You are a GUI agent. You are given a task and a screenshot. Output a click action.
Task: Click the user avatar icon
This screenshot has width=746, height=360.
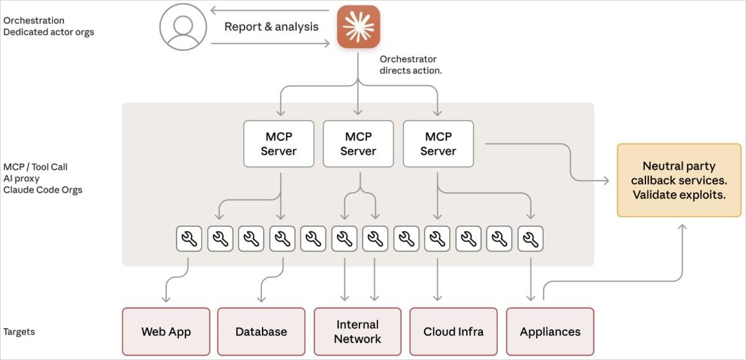(182, 27)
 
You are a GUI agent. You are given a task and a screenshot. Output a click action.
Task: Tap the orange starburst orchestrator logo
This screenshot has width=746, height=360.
(358, 27)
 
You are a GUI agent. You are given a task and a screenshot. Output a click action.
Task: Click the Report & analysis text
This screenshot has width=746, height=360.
(271, 27)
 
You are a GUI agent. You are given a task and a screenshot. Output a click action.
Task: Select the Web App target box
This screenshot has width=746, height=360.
(166, 331)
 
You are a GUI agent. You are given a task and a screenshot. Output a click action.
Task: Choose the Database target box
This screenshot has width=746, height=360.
(261, 331)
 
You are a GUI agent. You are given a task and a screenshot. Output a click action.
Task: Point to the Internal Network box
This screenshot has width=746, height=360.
(357, 331)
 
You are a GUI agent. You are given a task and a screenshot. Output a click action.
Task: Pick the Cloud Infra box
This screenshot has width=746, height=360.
(453, 331)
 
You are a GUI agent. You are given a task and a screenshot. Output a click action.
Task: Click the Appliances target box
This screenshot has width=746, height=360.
(550, 331)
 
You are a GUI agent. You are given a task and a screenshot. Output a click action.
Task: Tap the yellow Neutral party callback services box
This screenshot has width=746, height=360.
(679, 180)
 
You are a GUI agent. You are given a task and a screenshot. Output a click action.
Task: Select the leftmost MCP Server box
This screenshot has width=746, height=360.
(279, 143)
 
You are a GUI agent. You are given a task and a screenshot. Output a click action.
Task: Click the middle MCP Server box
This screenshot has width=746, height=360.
(358, 143)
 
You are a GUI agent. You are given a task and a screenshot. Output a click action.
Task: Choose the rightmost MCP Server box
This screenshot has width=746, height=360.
(438, 143)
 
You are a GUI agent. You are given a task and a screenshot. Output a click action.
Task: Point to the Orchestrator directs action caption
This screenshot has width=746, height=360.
(411, 65)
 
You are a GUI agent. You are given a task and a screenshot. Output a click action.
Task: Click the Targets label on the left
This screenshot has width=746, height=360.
(19, 331)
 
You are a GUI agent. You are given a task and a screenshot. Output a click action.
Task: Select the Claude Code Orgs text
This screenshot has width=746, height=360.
(43, 189)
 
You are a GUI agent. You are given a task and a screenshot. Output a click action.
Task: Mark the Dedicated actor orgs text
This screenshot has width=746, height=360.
(48, 32)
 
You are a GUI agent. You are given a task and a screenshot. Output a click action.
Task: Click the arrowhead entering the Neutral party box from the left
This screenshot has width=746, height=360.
(606, 180)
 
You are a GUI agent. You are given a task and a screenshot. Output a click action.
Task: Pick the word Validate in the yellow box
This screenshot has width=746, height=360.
(653, 194)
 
